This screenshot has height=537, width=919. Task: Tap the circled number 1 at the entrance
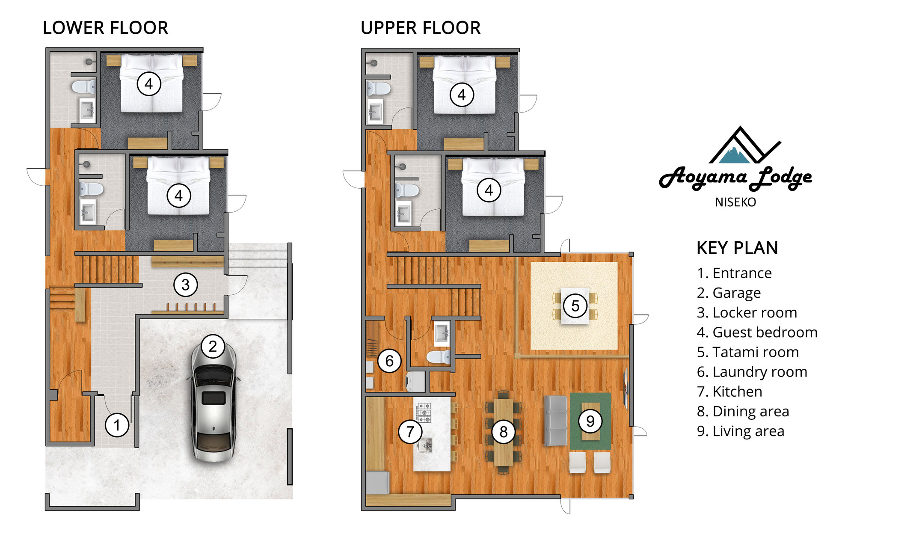click(x=117, y=425)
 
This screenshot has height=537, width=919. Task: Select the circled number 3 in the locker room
click(x=185, y=285)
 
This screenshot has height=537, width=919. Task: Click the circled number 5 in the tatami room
click(x=575, y=306)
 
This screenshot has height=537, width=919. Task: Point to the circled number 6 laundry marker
click(x=389, y=361)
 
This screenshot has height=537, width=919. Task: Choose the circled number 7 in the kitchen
click(x=410, y=431)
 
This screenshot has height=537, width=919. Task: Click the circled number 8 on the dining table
click(x=504, y=432)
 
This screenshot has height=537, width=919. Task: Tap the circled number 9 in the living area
click(x=590, y=421)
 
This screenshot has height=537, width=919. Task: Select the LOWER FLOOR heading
click(x=105, y=28)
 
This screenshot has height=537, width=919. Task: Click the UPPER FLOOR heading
click(x=421, y=28)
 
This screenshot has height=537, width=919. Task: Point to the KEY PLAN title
click(x=737, y=248)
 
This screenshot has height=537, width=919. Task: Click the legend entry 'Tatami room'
click(x=748, y=352)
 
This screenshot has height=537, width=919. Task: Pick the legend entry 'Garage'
click(x=729, y=293)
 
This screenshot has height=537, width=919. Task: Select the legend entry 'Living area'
click(x=741, y=431)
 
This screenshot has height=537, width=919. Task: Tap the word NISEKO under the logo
click(x=735, y=202)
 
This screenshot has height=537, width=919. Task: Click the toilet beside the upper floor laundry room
click(x=439, y=357)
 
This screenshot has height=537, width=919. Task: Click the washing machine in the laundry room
click(x=415, y=382)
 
